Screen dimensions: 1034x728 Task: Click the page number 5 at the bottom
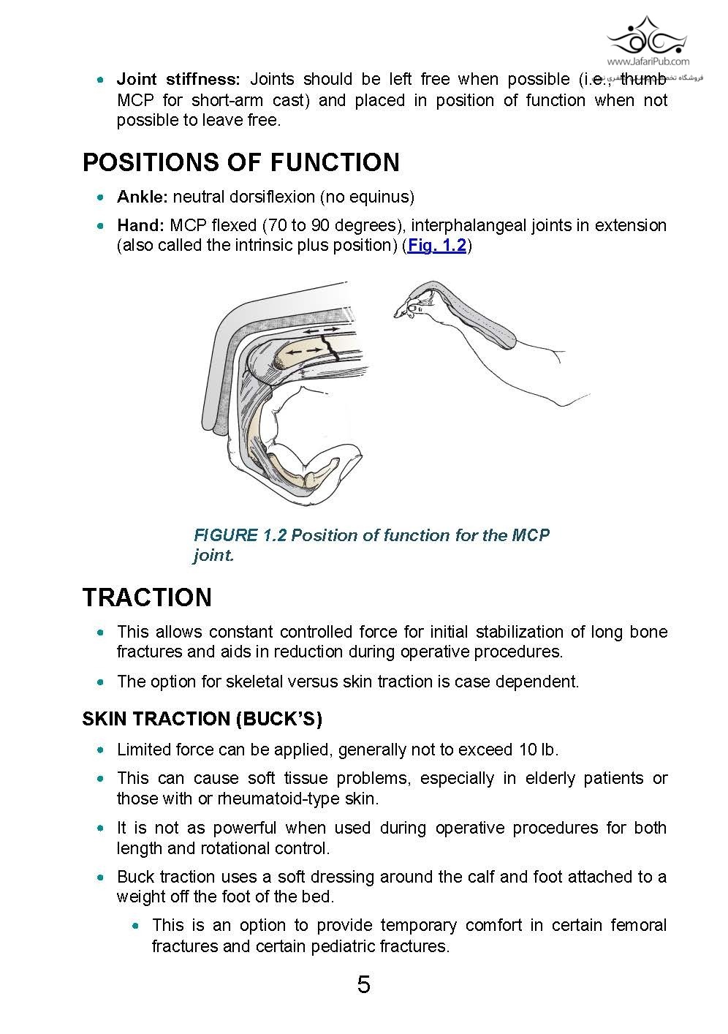tap(363, 985)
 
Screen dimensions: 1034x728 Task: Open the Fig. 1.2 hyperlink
tap(437, 246)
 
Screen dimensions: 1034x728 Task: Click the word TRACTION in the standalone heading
tap(147, 597)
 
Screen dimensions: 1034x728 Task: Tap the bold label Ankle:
tap(143, 197)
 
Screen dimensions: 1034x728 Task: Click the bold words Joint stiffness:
tap(178, 79)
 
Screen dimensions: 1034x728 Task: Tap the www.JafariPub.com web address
tap(648, 62)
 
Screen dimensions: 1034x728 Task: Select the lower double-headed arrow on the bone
tap(303, 352)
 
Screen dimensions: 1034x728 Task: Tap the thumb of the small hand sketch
tap(414, 309)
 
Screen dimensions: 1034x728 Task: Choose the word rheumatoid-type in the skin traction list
tap(279, 799)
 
